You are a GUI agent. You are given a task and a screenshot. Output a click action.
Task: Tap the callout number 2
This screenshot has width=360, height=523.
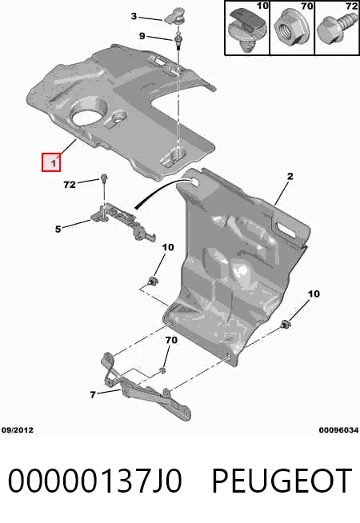pyautogui.click(x=290, y=176)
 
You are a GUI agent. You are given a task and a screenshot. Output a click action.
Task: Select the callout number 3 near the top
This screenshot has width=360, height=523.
pyautogui.click(x=134, y=16)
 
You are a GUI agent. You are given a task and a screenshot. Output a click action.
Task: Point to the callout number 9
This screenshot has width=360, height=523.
pyautogui.click(x=142, y=35)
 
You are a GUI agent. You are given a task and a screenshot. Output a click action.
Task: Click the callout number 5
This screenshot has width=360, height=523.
pyautogui.click(x=58, y=230)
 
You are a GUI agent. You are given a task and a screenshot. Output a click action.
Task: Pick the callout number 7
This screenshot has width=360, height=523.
pyautogui.click(x=93, y=394)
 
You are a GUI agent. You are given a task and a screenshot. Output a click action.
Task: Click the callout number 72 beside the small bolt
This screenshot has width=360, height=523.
pyautogui.click(x=70, y=184)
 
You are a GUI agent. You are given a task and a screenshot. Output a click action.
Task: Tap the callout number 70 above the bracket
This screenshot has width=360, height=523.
pyautogui.click(x=171, y=340)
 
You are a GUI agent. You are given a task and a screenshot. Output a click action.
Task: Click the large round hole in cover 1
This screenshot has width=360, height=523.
pyautogui.click(x=88, y=114)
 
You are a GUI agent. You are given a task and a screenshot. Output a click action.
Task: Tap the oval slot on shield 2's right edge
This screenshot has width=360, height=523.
pyautogui.click(x=286, y=230)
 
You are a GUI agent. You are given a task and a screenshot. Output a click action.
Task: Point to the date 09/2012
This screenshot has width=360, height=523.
pyautogui.click(x=17, y=430)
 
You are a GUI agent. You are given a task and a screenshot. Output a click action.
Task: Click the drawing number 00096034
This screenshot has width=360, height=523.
pyautogui.click(x=338, y=430)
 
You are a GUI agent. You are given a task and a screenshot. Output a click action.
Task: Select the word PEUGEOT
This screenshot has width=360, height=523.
pyautogui.click(x=282, y=481)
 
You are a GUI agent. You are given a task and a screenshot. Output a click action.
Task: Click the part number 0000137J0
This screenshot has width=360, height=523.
pyautogui.click(x=94, y=481)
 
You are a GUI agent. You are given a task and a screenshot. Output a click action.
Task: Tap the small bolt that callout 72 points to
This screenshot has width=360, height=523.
pyautogui.click(x=104, y=178)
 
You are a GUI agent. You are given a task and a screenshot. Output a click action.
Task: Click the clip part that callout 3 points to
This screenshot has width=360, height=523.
pyautogui.click(x=174, y=16)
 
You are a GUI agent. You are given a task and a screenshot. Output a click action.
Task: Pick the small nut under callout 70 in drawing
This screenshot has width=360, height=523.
pyautogui.click(x=162, y=370)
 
